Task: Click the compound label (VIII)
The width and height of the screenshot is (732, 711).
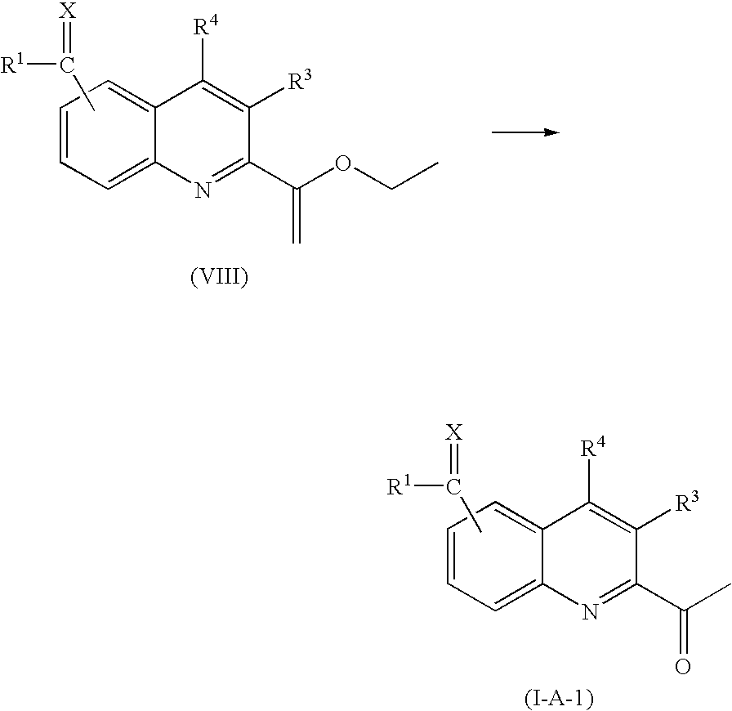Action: coord(218,278)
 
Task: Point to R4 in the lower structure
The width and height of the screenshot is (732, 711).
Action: coord(591,448)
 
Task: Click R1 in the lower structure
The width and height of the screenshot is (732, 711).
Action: coord(401,488)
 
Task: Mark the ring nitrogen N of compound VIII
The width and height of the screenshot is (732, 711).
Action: coord(202,190)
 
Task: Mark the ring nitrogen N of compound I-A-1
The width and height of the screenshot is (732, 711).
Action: coord(590,610)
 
